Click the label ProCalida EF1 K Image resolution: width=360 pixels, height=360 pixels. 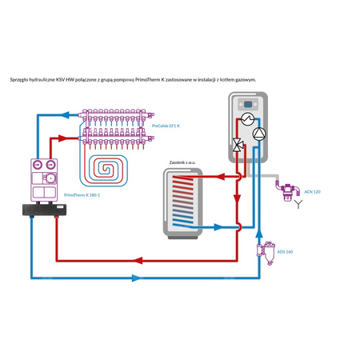click(166, 126)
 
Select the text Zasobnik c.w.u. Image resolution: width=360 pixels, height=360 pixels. click(180, 162)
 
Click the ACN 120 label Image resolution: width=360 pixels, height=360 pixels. click(312, 193)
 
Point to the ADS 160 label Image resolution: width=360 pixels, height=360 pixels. click(284, 251)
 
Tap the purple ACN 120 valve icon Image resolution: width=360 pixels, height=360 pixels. click(285, 190)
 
